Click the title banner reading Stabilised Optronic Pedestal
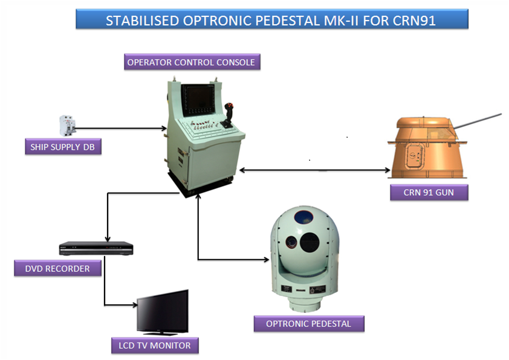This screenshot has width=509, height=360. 272,19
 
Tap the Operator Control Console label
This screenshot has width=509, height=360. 192,62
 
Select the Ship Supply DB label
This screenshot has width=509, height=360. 63,147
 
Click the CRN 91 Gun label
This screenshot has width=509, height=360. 429,192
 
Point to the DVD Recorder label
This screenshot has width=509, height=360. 57,268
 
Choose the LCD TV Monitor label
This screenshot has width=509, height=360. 155,346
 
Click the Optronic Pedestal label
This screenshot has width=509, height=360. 309,324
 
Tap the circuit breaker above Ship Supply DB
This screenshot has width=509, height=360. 68,126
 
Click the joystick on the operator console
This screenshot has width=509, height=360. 227,116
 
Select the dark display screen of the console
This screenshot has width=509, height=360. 198,99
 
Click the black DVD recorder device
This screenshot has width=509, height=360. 96,248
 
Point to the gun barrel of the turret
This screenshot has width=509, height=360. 477,121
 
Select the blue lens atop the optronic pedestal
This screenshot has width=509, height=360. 303,217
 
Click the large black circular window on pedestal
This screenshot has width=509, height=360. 310,242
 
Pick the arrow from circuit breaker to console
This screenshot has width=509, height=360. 121,129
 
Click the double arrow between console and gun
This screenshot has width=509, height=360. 314,170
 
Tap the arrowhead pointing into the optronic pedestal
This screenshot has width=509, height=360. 266,260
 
